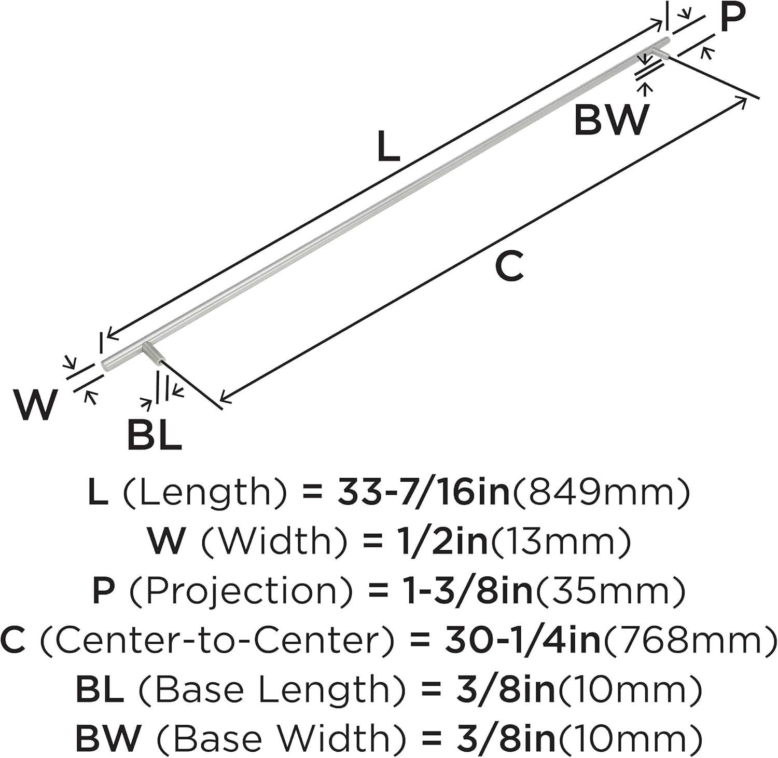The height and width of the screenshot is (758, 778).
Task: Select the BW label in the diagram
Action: coord(612,120)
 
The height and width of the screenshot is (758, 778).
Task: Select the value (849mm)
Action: coord(602,493)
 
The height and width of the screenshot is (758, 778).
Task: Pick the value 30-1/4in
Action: coord(522,641)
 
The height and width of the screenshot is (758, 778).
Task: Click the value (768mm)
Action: coord(689,641)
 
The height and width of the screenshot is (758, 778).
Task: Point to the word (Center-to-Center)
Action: coord(216,641)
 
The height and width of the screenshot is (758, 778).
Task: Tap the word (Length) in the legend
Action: coord(205,493)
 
